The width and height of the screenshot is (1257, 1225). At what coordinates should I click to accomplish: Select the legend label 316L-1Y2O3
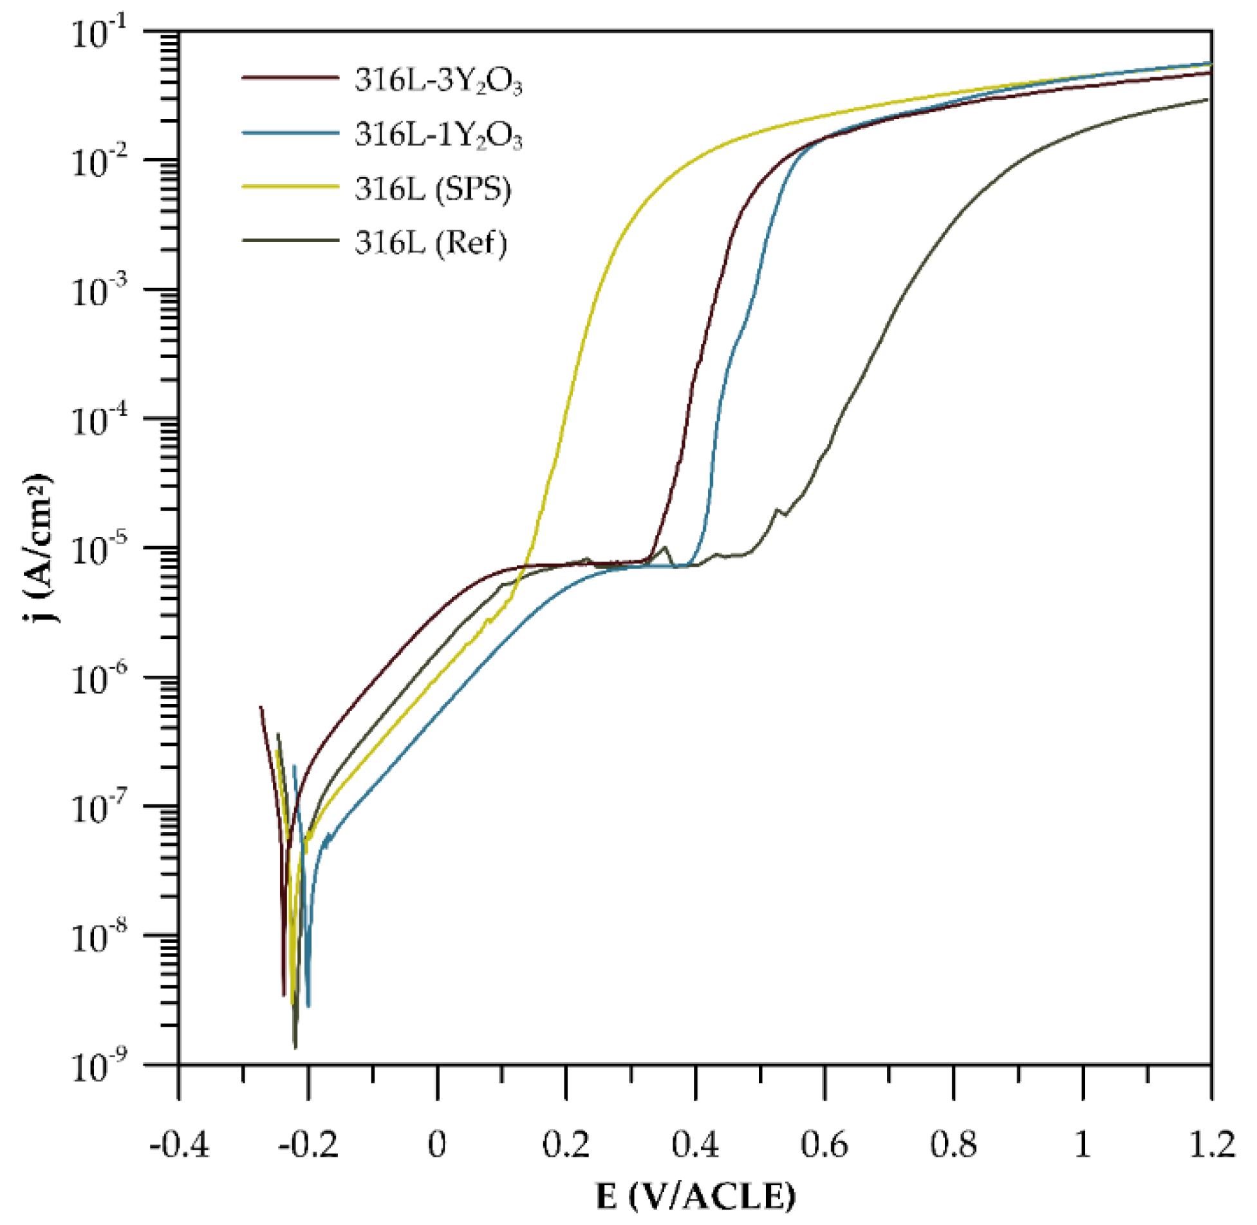(x=438, y=136)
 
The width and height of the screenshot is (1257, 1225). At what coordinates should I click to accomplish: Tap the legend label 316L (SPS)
(x=433, y=189)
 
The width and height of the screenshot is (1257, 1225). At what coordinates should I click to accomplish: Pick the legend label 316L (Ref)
(x=431, y=243)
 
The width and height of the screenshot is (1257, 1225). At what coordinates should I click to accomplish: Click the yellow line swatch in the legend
(x=290, y=187)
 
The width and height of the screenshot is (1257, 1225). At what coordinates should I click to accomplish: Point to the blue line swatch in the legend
(x=290, y=133)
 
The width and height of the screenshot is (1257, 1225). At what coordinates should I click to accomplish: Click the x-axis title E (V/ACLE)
(x=695, y=1197)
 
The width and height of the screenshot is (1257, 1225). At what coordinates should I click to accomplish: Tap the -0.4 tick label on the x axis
(x=179, y=1146)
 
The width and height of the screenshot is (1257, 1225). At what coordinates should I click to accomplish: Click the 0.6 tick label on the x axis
(x=824, y=1146)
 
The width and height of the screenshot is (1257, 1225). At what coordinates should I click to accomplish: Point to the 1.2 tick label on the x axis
(x=1211, y=1146)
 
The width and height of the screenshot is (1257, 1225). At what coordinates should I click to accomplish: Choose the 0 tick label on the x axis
(x=437, y=1146)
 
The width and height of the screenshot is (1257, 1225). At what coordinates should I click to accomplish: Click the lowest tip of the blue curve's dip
(x=308, y=1006)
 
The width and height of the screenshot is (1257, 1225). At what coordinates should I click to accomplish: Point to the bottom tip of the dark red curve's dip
(x=283, y=995)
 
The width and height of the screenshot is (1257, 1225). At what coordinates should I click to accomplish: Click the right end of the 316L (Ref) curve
(x=1207, y=99)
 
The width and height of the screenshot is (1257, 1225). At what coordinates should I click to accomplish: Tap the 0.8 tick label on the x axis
(x=954, y=1146)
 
